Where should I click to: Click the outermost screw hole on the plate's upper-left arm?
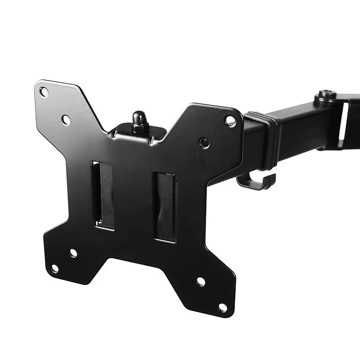tap(44, 92)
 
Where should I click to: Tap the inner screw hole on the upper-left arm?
tap(66, 120)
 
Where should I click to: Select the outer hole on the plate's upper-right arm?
tap(230, 120)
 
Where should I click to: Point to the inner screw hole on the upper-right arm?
tap(204, 143)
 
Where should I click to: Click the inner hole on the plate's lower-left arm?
tap(73, 253)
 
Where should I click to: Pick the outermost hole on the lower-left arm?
tap(54, 269)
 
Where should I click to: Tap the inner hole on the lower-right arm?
tap(201, 282)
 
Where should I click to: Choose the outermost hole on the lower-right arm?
tap(222, 307)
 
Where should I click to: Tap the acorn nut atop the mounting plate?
tap(139, 121)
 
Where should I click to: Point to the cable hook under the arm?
tap(256, 182)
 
